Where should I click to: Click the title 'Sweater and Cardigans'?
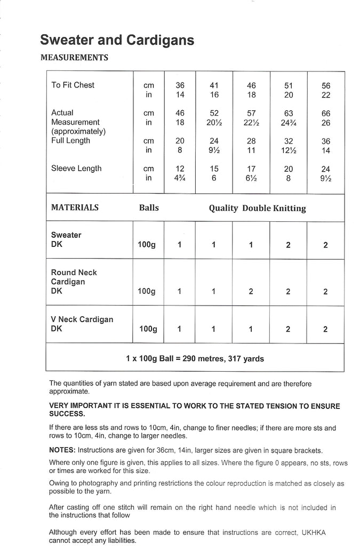click(x=117, y=40)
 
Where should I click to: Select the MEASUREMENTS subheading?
click(x=74, y=58)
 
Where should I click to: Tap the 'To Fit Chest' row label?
click(x=73, y=85)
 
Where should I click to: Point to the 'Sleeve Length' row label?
click(x=76, y=168)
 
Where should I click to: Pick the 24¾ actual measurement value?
click(x=288, y=123)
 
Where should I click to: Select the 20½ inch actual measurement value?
click(x=214, y=123)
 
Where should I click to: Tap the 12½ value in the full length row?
click(x=288, y=150)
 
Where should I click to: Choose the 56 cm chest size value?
click(x=326, y=85)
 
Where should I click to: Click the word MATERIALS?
click(x=75, y=208)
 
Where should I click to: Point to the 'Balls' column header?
click(x=149, y=208)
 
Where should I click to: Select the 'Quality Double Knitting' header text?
click(x=257, y=208)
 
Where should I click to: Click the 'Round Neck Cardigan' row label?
click(x=74, y=277)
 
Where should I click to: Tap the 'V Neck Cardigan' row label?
click(x=82, y=319)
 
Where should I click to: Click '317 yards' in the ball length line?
click(x=246, y=359)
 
